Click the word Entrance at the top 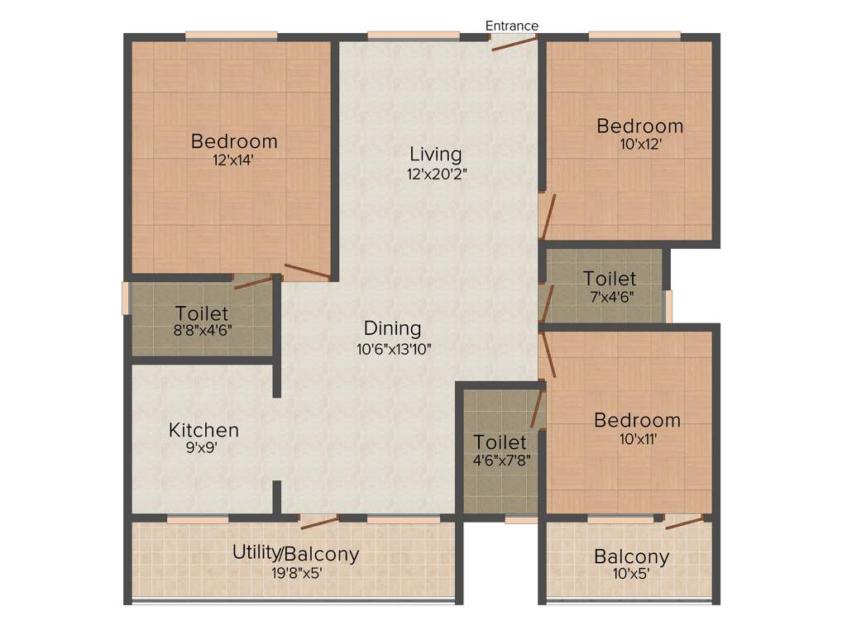point(511,26)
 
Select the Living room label point(436,154)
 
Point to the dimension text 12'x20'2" point(436,174)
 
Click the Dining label point(393,328)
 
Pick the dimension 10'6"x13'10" point(395,349)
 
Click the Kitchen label point(203,430)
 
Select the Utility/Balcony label point(295,553)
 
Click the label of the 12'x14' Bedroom point(234,141)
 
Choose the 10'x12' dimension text point(640,143)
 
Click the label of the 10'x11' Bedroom point(638,420)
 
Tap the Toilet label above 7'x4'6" point(610,278)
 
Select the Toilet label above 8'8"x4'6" point(202,313)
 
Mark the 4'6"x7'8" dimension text point(500,461)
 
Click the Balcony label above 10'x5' point(632,556)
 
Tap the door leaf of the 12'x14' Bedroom point(307,270)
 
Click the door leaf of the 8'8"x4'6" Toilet point(253,282)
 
